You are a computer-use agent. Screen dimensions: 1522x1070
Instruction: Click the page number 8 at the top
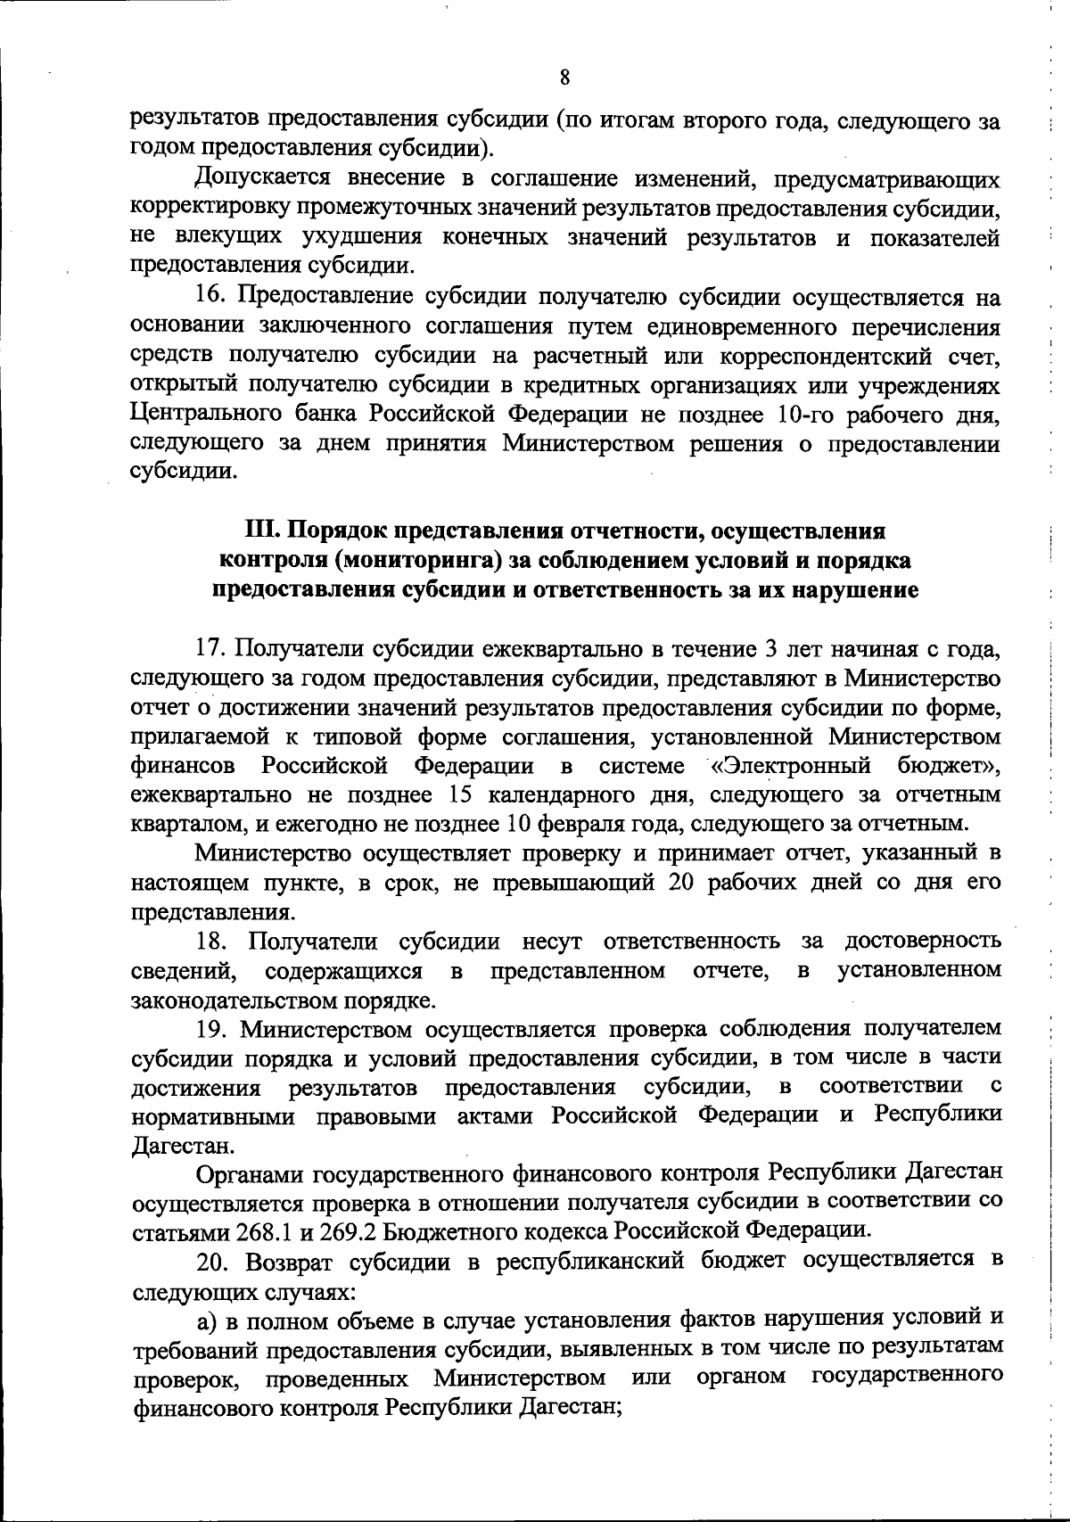[x=564, y=78]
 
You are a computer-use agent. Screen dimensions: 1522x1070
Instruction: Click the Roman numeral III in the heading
[x=259, y=531]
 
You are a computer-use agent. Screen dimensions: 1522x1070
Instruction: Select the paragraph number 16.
[x=211, y=297]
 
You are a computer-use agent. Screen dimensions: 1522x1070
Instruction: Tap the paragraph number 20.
[x=214, y=1261]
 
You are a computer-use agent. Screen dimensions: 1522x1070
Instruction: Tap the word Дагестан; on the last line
[x=570, y=1407]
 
